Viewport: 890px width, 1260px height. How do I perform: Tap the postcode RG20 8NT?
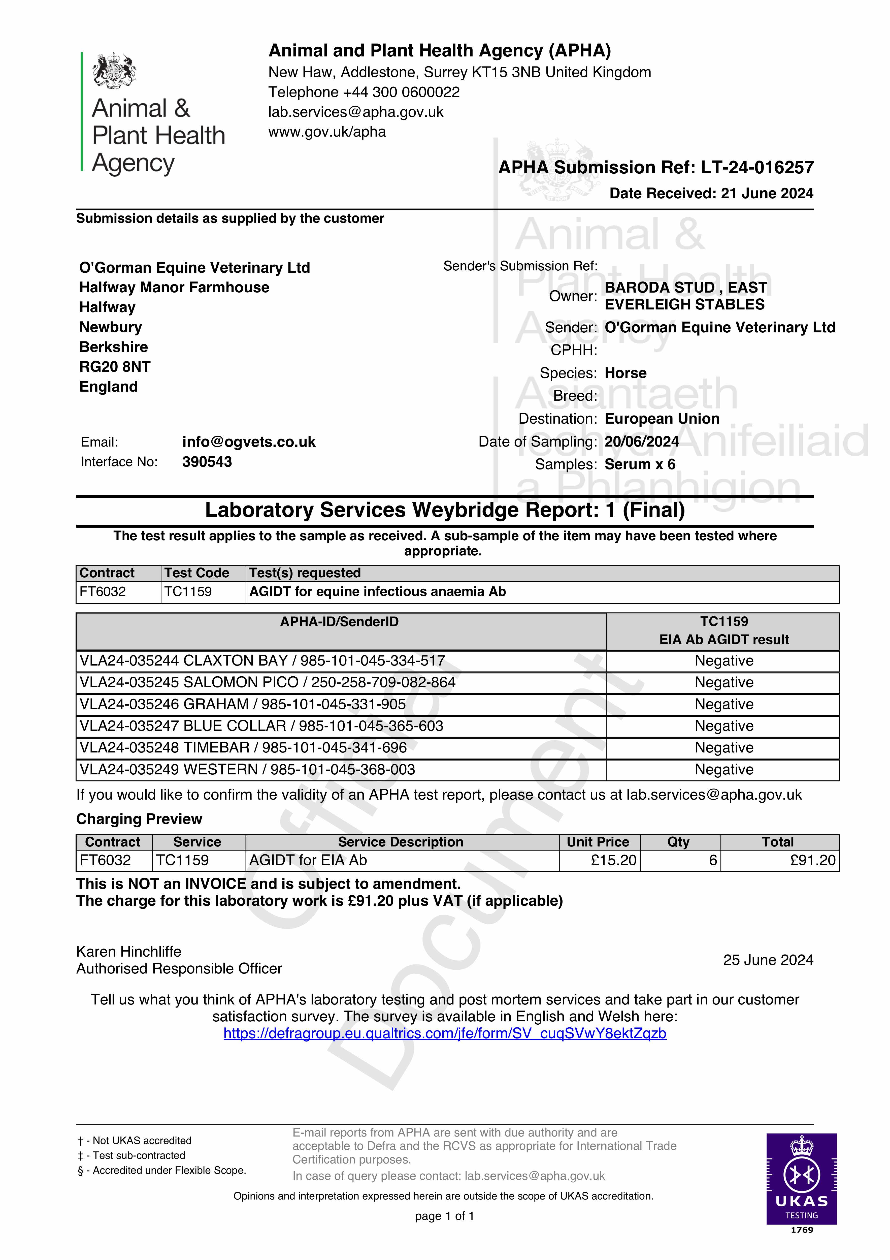click(115, 367)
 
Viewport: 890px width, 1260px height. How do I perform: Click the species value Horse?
click(625, 373)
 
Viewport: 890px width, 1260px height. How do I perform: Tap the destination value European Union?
click(662, 419)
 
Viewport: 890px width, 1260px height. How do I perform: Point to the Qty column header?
click(678, 842)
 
